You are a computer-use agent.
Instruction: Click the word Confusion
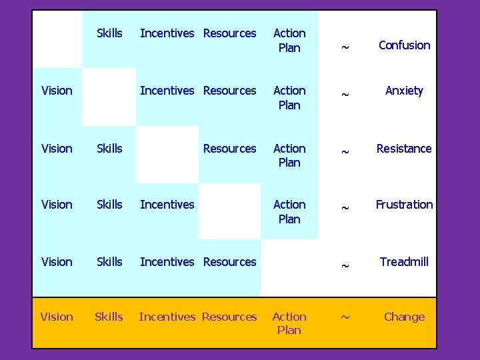(x=404, y=45)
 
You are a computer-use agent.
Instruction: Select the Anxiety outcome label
(x=404, y=91)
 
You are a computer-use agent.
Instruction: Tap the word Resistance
(x=404, y=149)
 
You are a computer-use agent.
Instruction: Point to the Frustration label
(x=404, y=205)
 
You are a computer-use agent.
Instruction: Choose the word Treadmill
(x=404, y=262)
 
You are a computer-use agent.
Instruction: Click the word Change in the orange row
(x=404, y=317)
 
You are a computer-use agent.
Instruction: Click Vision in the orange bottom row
(x=57, y=317)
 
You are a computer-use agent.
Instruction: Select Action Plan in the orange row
(x=289, y=323)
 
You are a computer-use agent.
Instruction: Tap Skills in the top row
(x=109, y=33)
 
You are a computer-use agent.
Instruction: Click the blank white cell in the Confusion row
(x=57, y=39)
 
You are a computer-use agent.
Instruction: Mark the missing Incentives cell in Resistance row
(x=167, y=154)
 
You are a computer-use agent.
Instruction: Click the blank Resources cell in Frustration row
(x=229, y=211)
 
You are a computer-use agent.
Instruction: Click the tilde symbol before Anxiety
(x=345, y=95)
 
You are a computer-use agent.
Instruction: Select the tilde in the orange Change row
(x=345, y=317)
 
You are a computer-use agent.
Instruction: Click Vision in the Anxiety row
(x=57, y=91)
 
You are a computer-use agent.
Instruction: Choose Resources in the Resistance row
(x=229, y=149)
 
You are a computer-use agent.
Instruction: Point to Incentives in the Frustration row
(x=167, y=205)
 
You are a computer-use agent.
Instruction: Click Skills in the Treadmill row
(x=109, y=262)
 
